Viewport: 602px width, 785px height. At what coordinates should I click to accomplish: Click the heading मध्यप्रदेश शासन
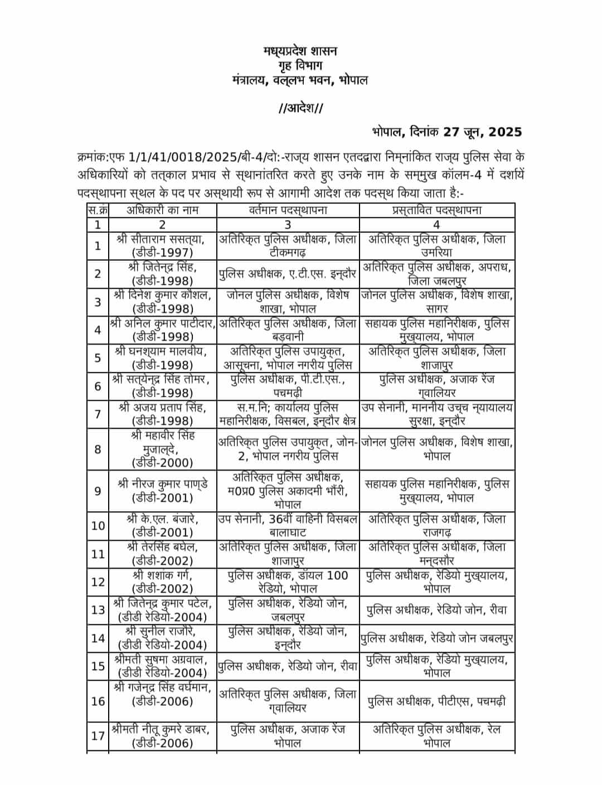[x=300, y=51]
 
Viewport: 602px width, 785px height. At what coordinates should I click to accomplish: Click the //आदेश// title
[x=300, y=107]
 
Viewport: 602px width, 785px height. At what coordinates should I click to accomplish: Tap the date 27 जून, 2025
[x=483, y=132]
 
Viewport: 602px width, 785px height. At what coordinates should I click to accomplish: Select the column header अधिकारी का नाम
[x=162, y=210]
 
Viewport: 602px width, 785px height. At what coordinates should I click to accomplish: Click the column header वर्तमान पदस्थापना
[x=288, y=210]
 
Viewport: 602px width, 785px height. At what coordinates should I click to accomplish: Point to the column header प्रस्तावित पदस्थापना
[x=436, y=210]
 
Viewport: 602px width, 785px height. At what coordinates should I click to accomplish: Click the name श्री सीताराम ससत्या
[x=161, y=239]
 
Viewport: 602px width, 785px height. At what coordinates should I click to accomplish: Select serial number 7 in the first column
[x=98, y=414]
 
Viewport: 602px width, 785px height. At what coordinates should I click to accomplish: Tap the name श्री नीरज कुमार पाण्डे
[x=162, y=484]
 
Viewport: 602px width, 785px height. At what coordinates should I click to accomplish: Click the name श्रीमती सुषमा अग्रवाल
[x=161, y=659]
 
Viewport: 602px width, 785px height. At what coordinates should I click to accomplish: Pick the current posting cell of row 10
[x=288, y=526]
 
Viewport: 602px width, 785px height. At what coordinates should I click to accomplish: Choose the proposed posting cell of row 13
[x=436, y=610]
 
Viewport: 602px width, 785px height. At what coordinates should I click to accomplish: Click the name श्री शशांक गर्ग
[x=162, y=575]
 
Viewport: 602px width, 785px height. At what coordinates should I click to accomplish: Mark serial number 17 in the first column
[x=98, y=736]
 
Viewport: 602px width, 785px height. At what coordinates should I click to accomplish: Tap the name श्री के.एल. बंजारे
[x=162, y=519]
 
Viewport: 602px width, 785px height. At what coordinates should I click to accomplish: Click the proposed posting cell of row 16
[x=436, y=701]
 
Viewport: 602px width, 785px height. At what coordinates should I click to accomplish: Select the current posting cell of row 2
[x=288, y=274]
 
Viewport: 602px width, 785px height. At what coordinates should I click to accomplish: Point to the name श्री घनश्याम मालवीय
[x=161, y=351]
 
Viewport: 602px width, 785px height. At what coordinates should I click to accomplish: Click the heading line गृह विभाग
[x=300, y=66]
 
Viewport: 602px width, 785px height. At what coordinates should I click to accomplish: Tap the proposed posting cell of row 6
[x=436, y=386]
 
